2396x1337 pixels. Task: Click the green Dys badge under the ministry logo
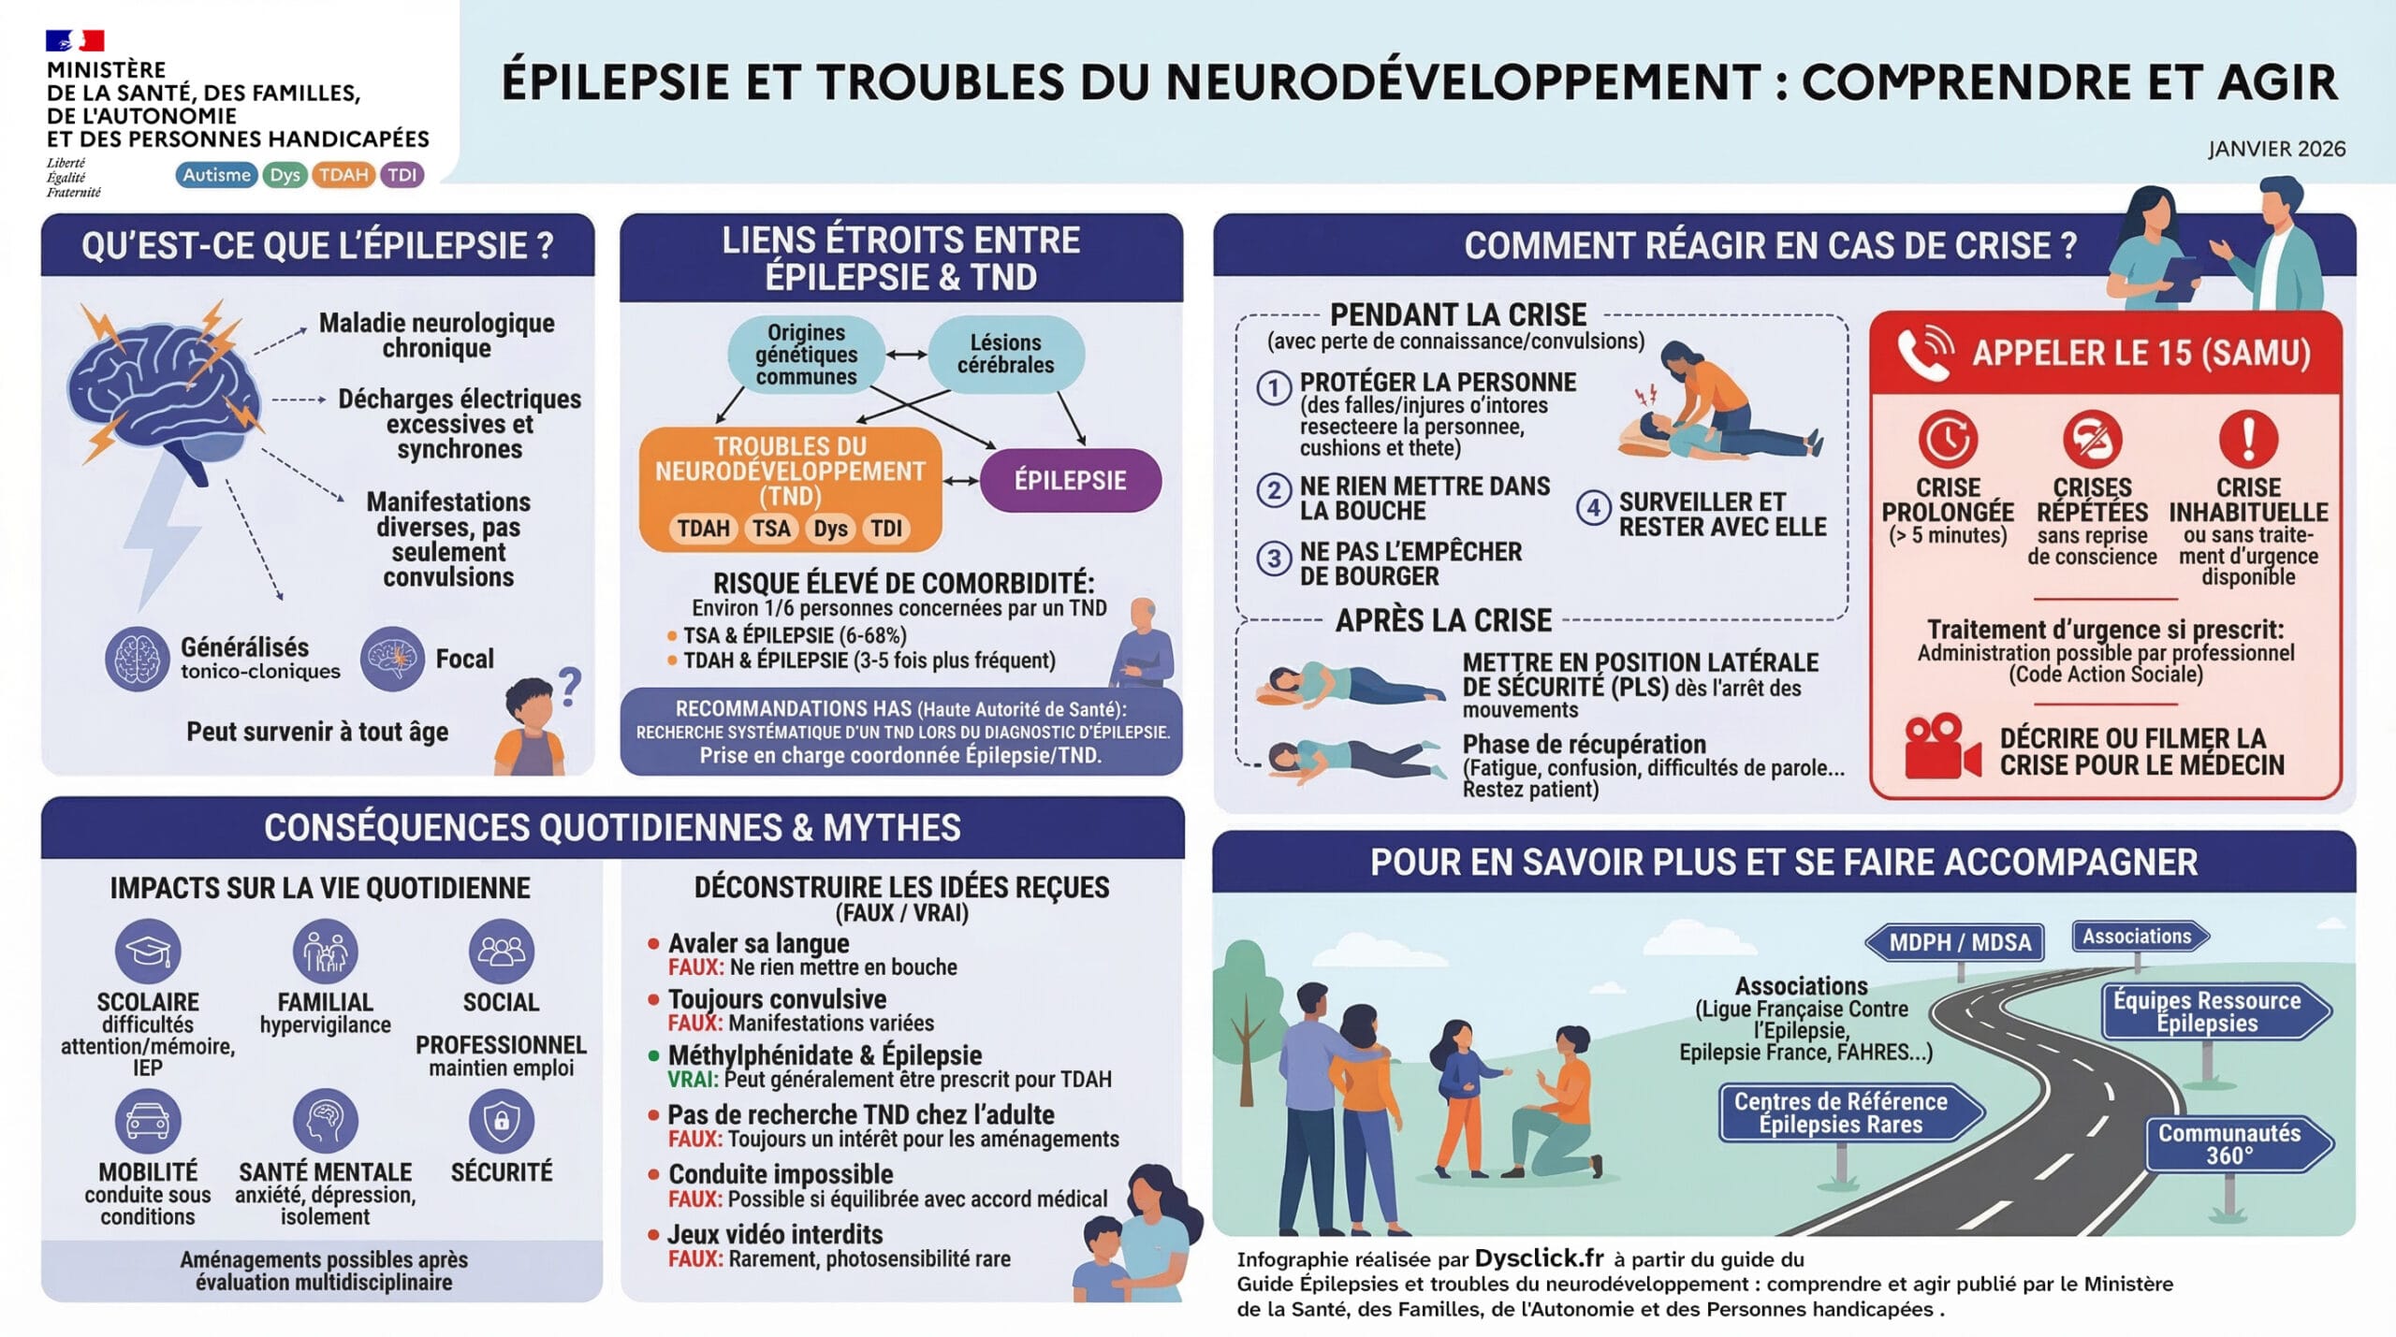coord(285,175)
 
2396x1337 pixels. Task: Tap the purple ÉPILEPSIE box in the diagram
coord(1071,481)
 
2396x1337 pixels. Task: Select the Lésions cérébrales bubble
coord(1006,354)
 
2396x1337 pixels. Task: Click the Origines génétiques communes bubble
coord(806,354)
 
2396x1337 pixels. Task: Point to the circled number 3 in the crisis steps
coord(1274,559)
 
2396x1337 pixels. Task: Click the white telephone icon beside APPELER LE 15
coord(1925,353)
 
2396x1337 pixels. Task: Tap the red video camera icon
coord(1942,747)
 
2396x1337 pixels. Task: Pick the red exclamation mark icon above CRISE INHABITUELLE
coord(2248,439)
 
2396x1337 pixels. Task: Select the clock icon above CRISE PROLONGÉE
coord(1948,439)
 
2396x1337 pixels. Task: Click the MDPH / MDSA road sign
coord(1954,942)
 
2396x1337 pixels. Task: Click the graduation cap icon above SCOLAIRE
coord(148,952)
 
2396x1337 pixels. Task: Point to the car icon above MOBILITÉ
coord(148,1121)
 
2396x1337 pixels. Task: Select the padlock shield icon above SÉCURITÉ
coord(502,1121)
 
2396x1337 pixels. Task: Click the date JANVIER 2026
coord(2276,149)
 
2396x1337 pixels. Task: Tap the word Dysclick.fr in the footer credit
coord(1539,1258)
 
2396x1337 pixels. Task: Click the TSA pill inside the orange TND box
coord(771,529)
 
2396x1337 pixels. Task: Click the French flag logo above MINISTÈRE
coord(75,40)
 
